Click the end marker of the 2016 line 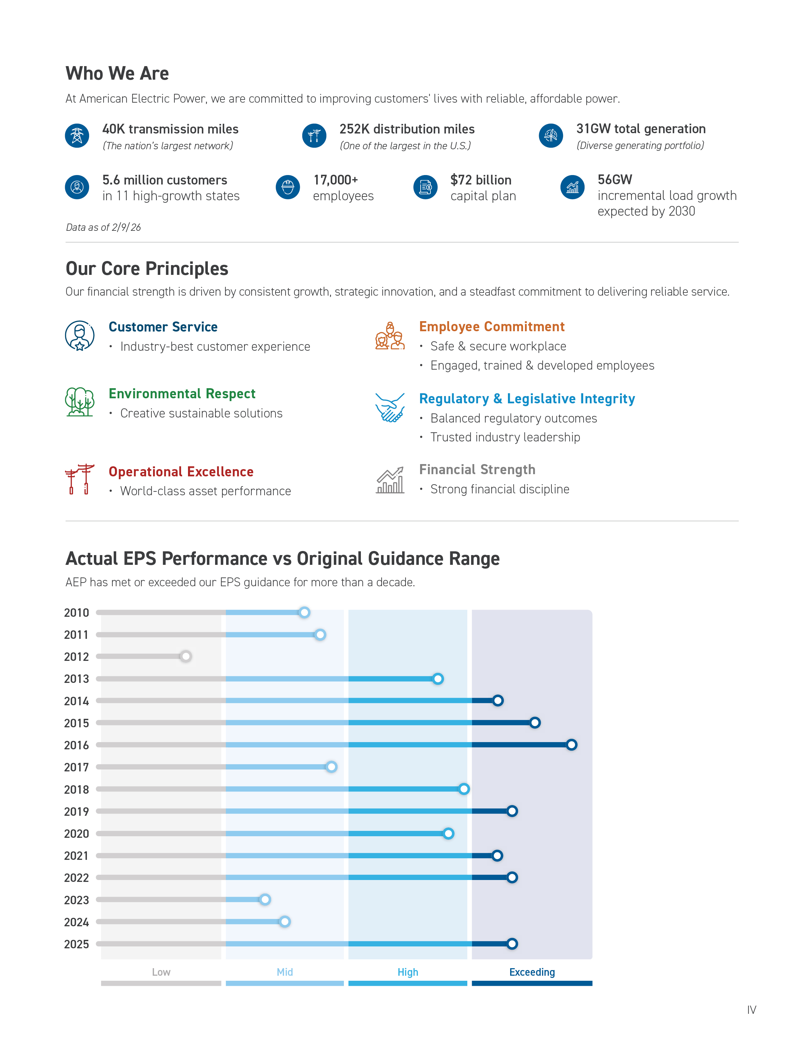pos(571,745)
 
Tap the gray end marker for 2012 pos(185,656)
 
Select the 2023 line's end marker pos(265,899)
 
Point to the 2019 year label pos(77,812)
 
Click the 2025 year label pos(77,944)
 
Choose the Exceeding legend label pos(532,972)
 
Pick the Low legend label pos(161,972)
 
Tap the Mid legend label pos(284,972)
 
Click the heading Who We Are pos(117,73)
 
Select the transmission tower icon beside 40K pos(77,136)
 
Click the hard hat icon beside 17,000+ pos(288,187)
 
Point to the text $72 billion pos(481,180)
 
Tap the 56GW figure pos(615,179)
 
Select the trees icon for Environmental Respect pos(79,402)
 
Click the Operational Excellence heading pos(181,471)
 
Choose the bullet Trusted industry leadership pos(505,437)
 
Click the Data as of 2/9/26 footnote pos(103,227)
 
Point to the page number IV pos(751,1009)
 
